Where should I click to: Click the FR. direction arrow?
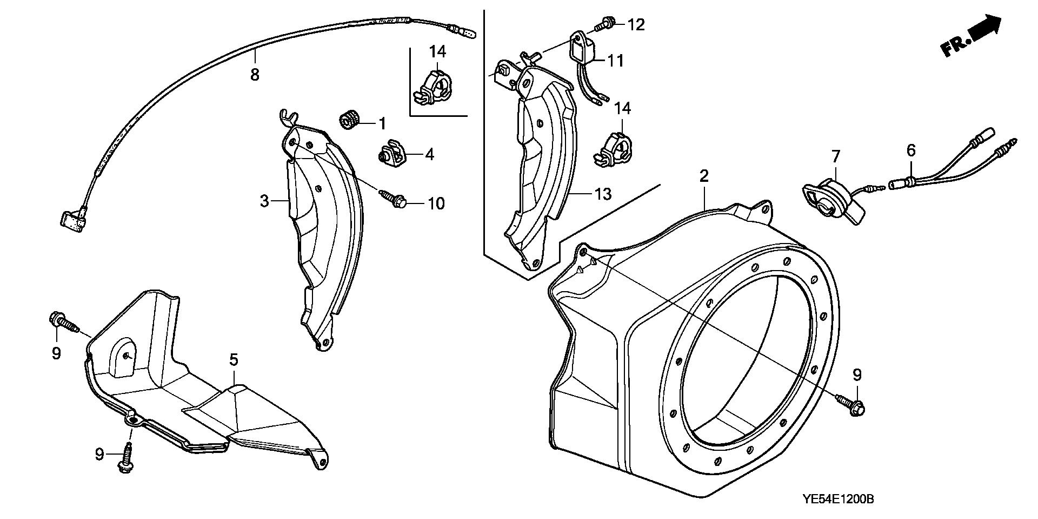tap(972, 36)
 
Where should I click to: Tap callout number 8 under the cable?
tap(255, 75)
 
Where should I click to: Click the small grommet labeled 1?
tap(349, 120)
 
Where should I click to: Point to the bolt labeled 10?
tap(396, 200)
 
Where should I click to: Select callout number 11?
tap(615, 61)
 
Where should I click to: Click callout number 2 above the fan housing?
tap(704, 175)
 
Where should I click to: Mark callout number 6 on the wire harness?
tap(911, 150)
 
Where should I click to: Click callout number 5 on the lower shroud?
tap(233, 359)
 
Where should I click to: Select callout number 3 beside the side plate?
tap(264, 201)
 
